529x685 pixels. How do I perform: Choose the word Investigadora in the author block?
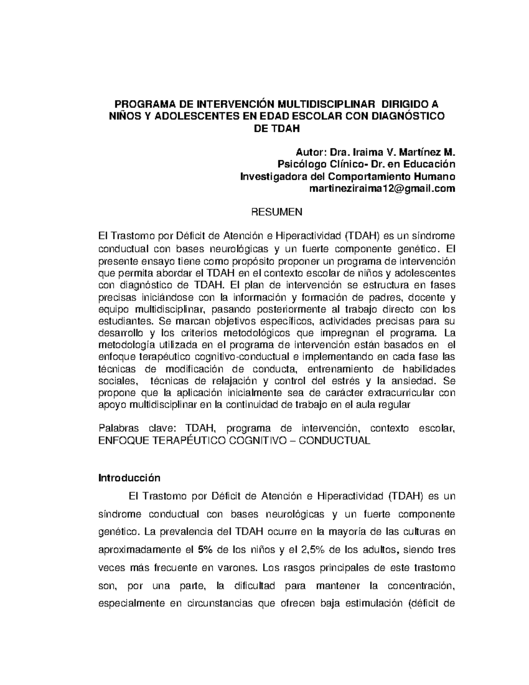(x=269, y=176)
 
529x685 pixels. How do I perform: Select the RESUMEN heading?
(x=276, y=212)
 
